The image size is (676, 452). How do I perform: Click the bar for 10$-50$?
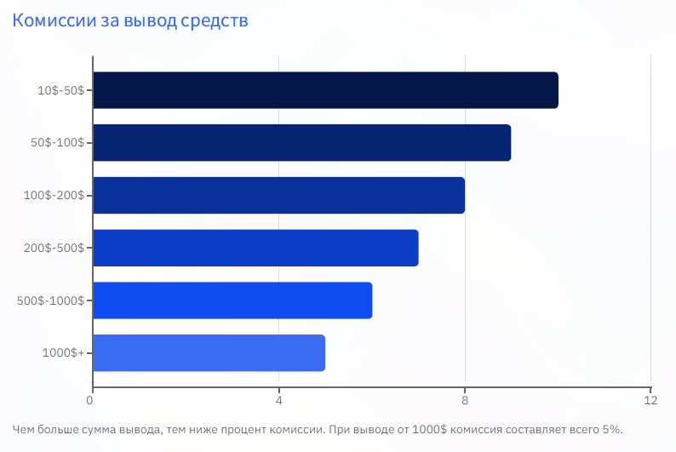pyautogui.click(x=325, y=90)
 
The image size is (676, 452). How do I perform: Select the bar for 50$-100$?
pyautogui.click(x=301, y=143)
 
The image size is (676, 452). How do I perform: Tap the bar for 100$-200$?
pyautogui.click(x=278, y=195)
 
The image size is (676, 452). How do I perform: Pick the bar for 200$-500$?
pyautogui.click(x=255, y=248)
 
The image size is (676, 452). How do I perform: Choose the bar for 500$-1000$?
pyautogui.click(x=232, y=300)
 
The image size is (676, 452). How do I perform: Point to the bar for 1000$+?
pyautogui.click(x=209, y=352)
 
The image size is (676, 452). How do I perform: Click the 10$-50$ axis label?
pyautogui.click(x=60, y=90)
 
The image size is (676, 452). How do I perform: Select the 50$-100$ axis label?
pyautogui.click(x=57, y=143)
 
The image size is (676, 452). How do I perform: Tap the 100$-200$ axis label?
pyautogui.click(x=54, y=196)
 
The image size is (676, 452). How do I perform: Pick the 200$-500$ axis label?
pyautogui.click(x=54, y=248)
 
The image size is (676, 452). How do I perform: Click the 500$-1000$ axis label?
pyautogui.click(x=50, y=300)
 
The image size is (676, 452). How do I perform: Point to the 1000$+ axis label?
pyautogui.click(x=62, y=352)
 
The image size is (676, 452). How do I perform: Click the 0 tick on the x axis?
pyautogui.click(x=91, y=398)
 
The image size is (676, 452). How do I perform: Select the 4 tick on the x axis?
pyautogui.click(x=278, y=398)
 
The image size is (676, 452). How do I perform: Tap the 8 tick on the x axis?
pyautogui.click(x=465, y=398)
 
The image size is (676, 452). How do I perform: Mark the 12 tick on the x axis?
pyautogui.click(x=650, y=398)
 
